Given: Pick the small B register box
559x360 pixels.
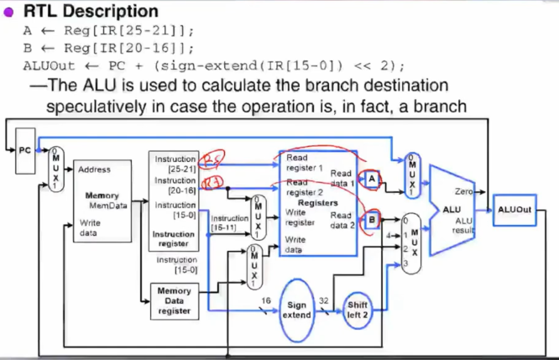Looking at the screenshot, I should (x=373, y=218).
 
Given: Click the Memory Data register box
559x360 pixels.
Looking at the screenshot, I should (x=174, y=300).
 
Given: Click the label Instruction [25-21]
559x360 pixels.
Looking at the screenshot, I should (x=175, y=164).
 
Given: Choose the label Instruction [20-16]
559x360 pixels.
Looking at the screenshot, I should (x=175, y=185).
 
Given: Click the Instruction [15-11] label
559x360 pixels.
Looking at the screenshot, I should (x=229, y=222).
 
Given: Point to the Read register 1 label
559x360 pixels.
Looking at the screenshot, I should (x=304, y=163).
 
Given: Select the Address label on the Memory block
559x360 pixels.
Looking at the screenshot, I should (x=94, y=170).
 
